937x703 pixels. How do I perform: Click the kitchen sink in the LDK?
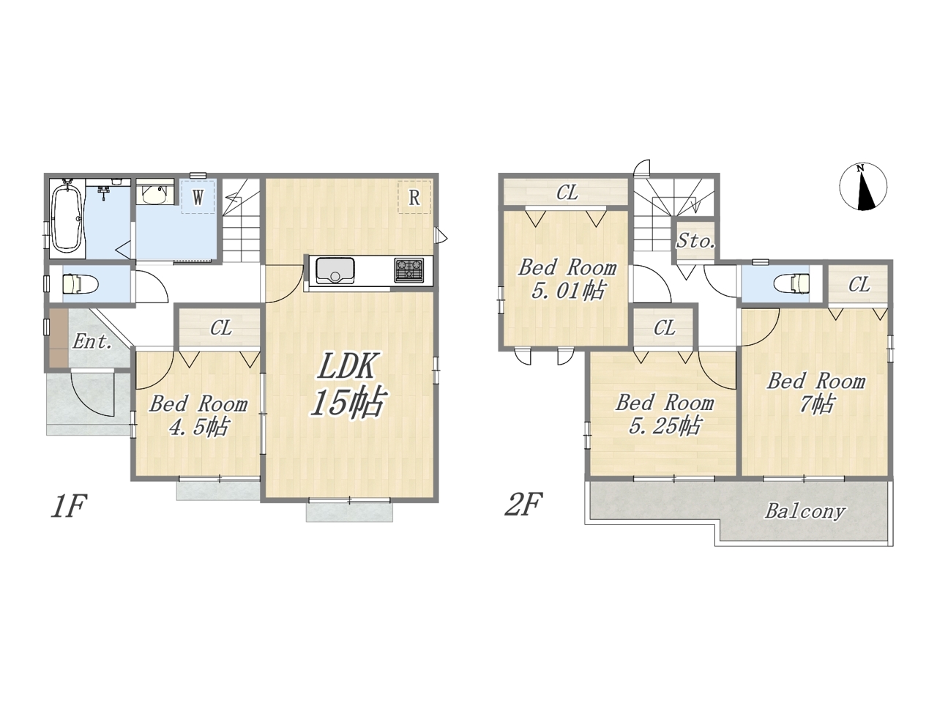(335, 271)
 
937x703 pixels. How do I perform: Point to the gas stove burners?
(409, 270)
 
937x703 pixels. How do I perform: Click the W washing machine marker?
(198, 197)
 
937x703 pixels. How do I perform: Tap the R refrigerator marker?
(414, 197)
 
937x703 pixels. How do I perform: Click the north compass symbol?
(864, 187)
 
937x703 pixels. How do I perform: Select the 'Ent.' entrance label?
(93, 341)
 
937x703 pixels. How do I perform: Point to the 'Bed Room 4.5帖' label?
(199, 415)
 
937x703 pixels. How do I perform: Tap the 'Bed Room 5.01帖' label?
(568, 280)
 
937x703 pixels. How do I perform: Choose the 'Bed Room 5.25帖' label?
(665, 414)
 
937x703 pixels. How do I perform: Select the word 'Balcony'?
(805, 511)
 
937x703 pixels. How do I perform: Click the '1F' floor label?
(69, 506)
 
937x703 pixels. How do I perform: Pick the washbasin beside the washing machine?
(155, 195)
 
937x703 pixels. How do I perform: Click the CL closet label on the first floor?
(221, 328)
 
